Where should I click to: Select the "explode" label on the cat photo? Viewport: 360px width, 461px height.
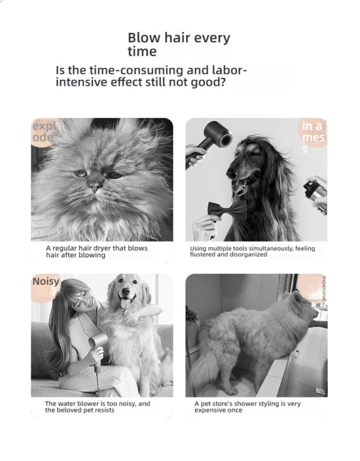43,132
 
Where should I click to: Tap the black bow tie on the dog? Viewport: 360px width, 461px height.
227,211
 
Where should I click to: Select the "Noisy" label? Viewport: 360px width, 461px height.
46,281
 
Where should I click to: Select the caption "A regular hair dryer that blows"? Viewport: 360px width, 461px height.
97,248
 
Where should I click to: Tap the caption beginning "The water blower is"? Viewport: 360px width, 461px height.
97,404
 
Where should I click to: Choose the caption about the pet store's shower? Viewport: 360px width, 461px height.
247,407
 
